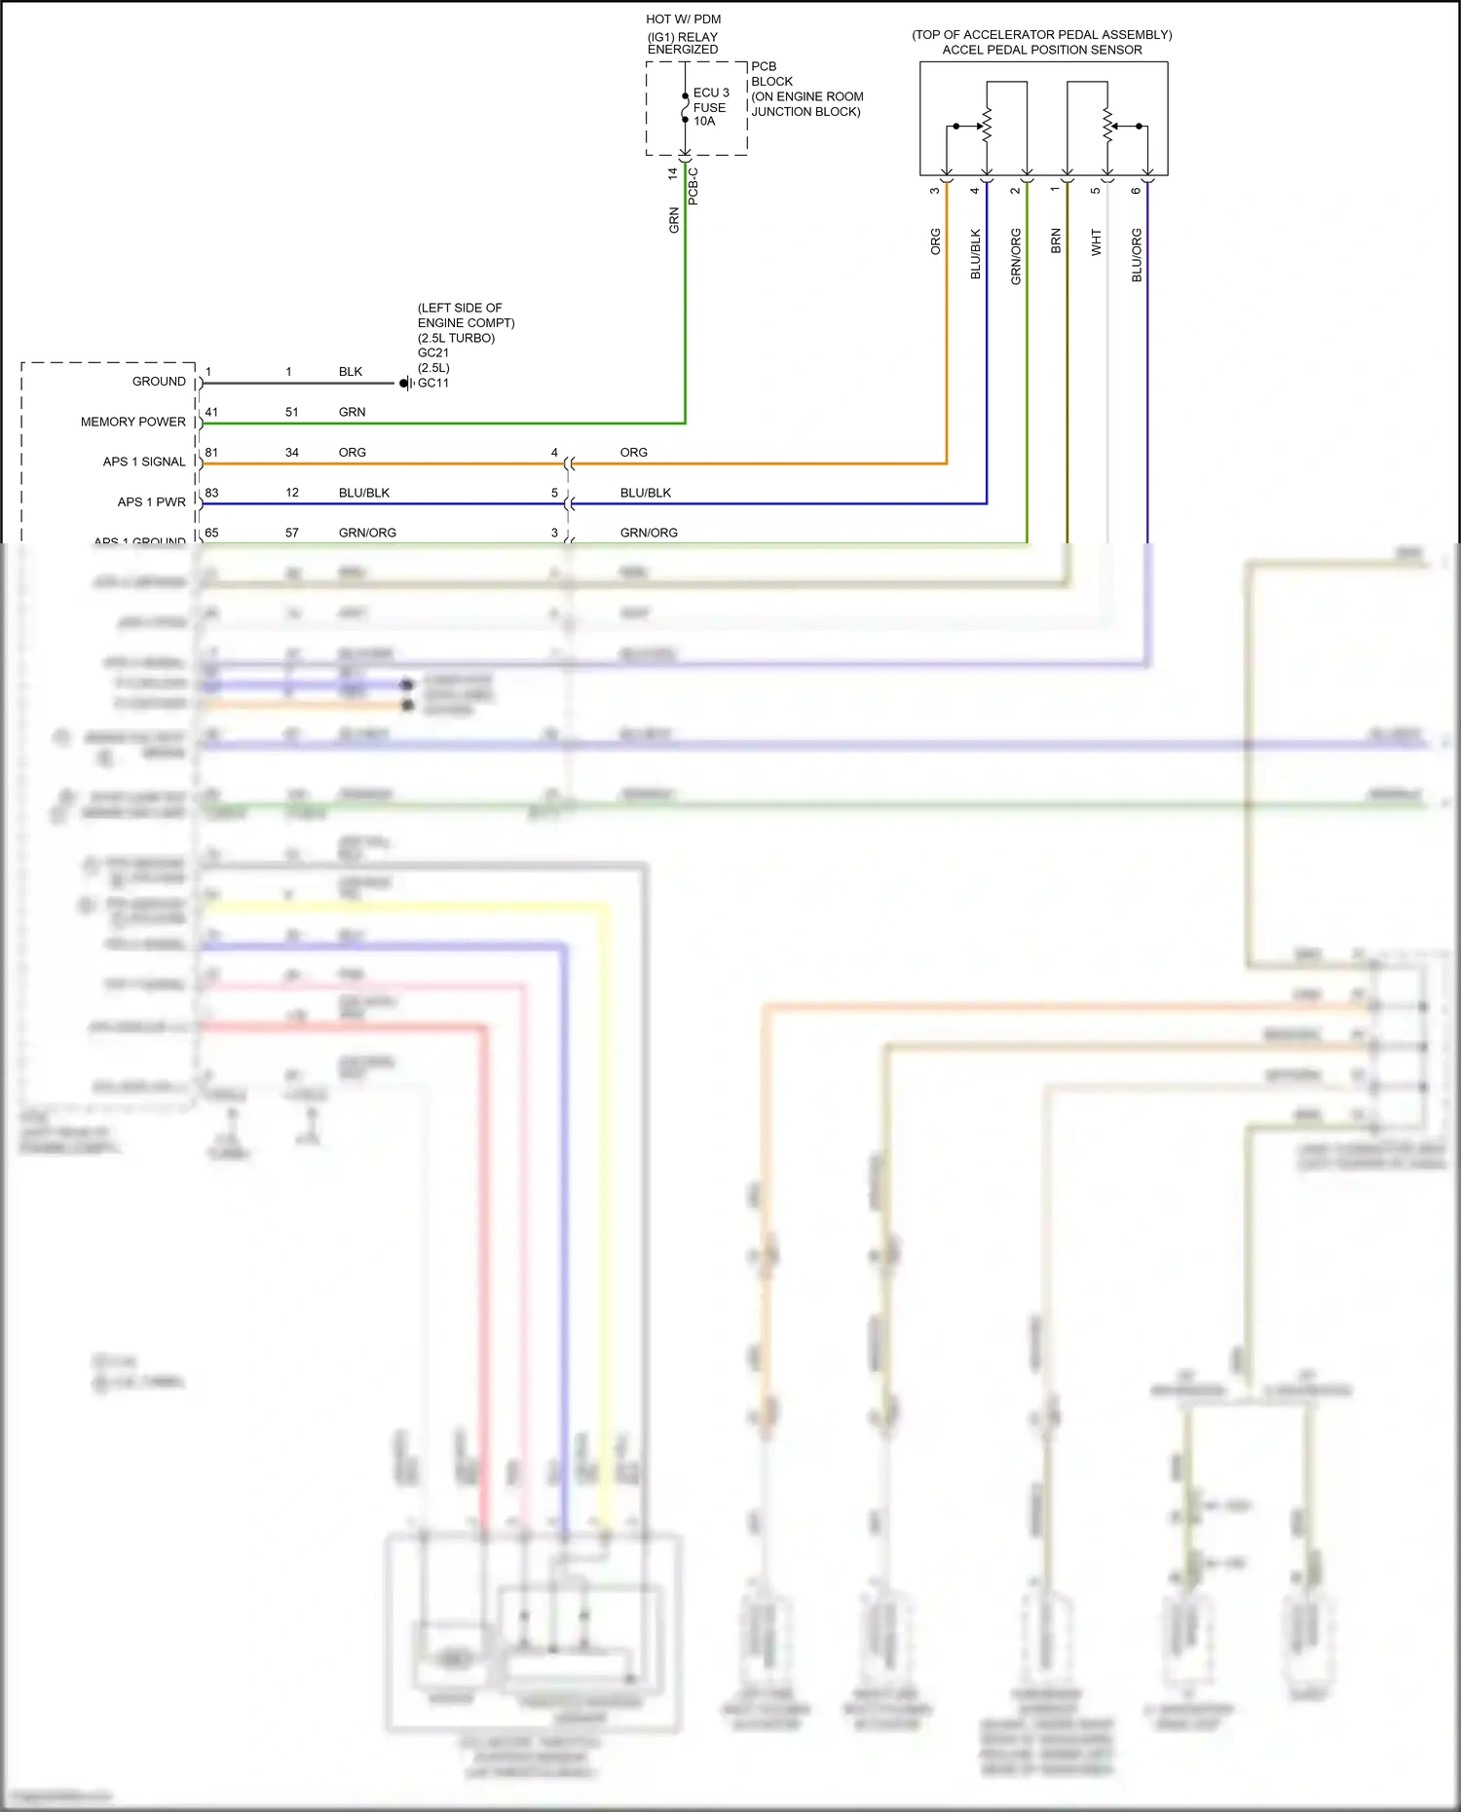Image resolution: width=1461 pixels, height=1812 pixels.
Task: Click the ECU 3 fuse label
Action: [711, 92]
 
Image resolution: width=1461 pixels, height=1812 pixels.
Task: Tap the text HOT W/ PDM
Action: [683, 19]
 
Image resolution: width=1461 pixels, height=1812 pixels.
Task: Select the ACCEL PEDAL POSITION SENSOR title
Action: [1041, 50]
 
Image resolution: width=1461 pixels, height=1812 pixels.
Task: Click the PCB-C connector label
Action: [693, 185]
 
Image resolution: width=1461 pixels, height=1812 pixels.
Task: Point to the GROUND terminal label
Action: [159, 382]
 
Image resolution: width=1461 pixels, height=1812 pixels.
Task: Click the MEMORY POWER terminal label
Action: [132, 422]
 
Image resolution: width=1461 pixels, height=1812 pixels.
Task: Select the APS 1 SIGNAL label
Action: [144, 462]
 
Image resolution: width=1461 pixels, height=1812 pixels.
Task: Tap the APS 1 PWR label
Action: [151, 502]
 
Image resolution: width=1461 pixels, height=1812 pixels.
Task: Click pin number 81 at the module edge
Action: [211, 453]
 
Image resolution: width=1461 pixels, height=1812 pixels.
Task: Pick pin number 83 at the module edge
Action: [211, 493]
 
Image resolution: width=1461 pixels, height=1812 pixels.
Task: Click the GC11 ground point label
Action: [433, 384]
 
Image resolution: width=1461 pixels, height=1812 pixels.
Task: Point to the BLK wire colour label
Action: [351, 372]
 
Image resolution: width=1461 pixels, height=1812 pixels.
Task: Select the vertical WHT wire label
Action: [1096, 242]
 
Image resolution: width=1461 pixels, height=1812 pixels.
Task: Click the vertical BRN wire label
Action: [1056, 241]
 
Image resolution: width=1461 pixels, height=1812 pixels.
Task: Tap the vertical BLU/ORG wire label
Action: [1137, 255]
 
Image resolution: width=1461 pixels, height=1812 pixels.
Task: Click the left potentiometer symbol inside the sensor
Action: [987, 126]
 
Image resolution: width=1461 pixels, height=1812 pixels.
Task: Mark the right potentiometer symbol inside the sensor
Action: [1107, 126]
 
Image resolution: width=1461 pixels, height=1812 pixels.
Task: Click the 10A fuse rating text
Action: [704, 122]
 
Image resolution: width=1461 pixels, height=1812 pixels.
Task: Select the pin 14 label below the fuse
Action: [672, 173]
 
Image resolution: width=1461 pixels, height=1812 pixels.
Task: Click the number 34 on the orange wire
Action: [292, 453]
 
